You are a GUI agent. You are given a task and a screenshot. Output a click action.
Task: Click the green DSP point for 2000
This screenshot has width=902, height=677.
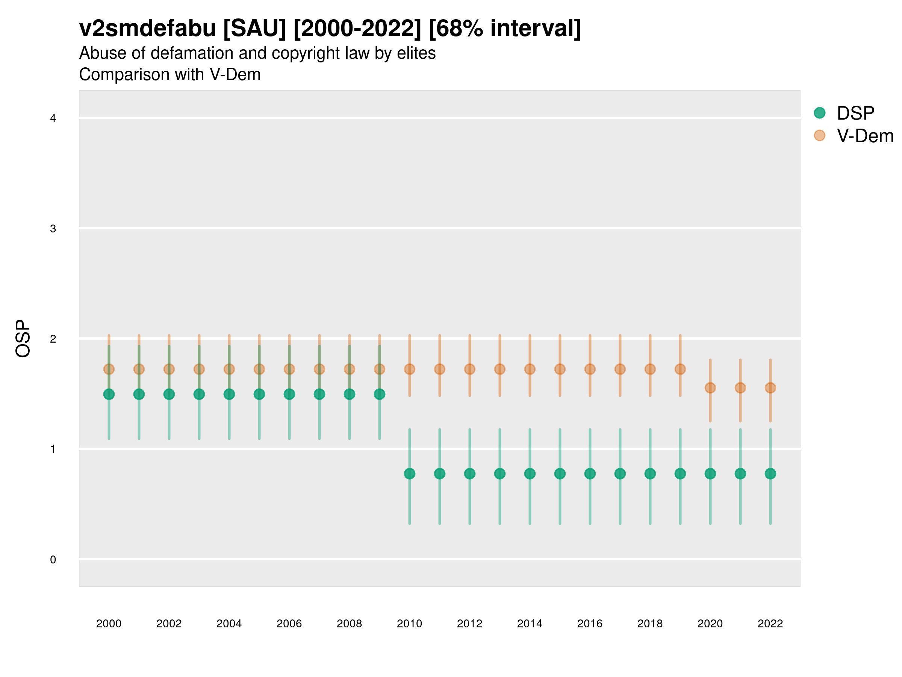pyautogui.click(x=109, y=394)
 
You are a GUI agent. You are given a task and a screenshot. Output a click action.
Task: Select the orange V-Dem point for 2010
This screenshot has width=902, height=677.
pyautogui.click(x=409, y=369)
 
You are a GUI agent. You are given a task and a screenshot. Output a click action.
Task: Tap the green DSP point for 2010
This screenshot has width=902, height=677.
pyautogui.click(x=409, y=474)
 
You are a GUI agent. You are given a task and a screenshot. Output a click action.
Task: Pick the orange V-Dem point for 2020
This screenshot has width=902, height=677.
pyautogui.click(x=710, y=388)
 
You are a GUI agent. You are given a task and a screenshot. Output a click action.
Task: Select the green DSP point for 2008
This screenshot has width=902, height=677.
pyautogui.click(x=350, y=394)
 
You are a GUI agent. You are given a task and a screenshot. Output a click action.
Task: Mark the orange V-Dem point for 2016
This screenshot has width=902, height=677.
pyautogui.click(x=590, y=369)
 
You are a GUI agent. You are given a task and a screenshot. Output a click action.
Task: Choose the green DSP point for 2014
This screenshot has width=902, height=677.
pyautogui.click(x=530, y=474)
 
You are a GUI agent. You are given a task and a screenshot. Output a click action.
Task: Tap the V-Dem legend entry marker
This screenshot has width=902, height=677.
pyautogui.click(x=819, y=135)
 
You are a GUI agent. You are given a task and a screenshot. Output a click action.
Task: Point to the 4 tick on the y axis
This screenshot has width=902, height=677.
pyautogui.click(x=53, y=118)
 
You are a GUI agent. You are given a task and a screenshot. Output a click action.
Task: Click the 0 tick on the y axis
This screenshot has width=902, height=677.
pyautogui.click(x=53, y=560)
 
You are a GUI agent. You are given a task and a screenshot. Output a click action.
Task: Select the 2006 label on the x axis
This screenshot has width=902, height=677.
pyautogui.click(x=289, y=624)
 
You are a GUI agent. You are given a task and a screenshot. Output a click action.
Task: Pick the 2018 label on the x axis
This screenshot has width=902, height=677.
pyautogui.click(x=650, y=624)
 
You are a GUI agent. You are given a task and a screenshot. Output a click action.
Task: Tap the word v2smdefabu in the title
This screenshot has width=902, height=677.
pyautogui.click(x=147, y=29)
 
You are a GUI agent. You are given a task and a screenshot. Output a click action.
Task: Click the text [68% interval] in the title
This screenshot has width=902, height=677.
pyautogui.click(x=505, y=29)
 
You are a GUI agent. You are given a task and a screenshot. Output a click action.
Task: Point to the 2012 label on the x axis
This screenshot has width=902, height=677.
pyautogui.click(x=469, y=624)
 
